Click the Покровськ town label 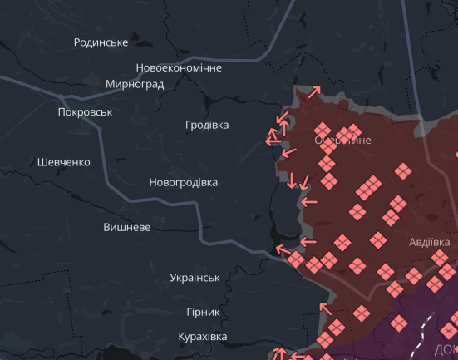[85, 111]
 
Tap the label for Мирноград [135, 84]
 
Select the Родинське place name [101, 42]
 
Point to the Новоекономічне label [179, 67]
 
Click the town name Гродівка [207, 126]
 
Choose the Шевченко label [63, 162]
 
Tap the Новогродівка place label [183, 182]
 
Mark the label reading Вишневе [126, 227]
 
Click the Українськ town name [194, 278]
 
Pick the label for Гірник [204, 312]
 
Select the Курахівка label [203, 337]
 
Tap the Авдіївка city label [430, 242]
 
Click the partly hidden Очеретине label [342, 141]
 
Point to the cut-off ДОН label [446, 349]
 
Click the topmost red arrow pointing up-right [314, 92]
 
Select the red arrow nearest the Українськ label [283, 249]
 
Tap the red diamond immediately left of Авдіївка [378, 241]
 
